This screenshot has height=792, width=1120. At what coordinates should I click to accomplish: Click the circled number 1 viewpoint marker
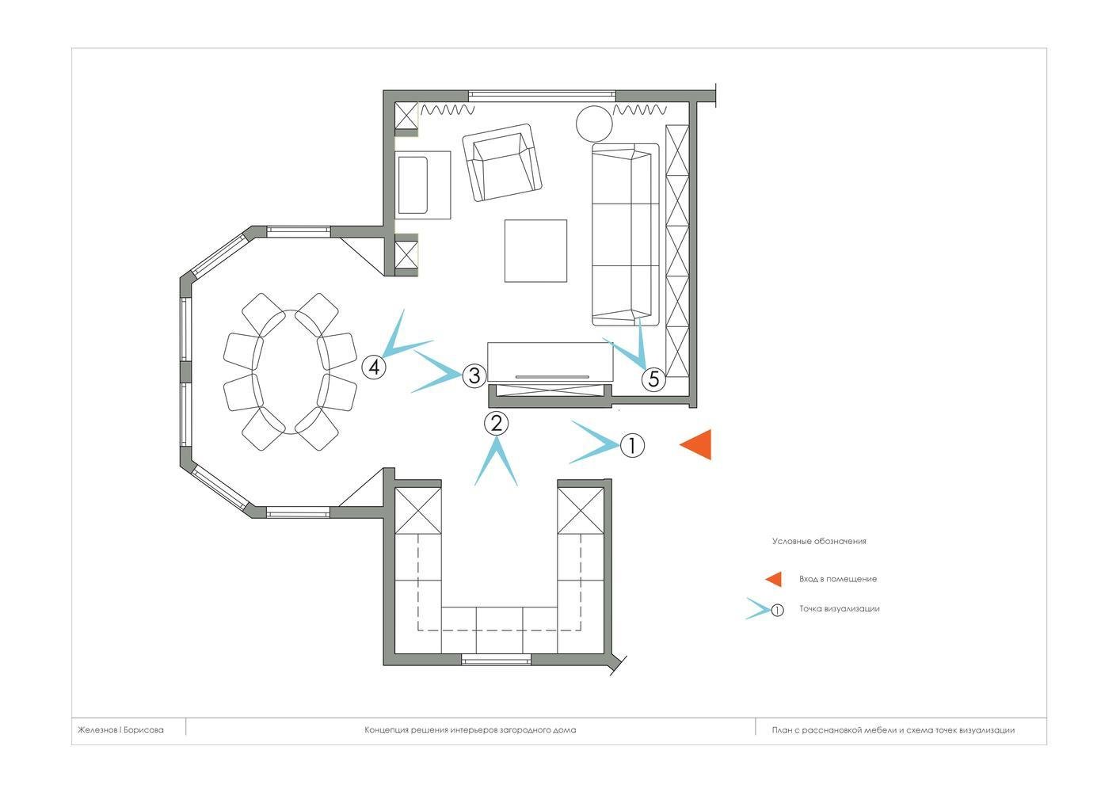click(632, 445)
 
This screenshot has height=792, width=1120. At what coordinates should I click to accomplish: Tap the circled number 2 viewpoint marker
click(496, 424)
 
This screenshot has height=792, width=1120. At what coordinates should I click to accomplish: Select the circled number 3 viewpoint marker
click(474, 375)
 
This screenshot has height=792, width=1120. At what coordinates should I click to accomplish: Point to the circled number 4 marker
click(374, 367)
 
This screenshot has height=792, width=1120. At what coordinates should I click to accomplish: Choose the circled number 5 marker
click(653, 379)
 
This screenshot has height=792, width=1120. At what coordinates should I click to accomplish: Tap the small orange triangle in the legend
click(774, 579)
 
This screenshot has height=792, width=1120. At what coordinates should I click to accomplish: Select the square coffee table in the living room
click(535, 251)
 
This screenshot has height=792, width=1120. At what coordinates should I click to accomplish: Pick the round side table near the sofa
click(594, 124)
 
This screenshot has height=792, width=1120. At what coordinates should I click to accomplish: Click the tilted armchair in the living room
click(502, 162)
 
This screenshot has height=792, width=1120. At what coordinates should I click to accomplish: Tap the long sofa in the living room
click(626, 234)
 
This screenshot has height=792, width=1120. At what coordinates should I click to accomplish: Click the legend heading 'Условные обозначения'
click(819, 541)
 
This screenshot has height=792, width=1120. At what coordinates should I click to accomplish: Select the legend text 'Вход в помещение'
click(838, 579)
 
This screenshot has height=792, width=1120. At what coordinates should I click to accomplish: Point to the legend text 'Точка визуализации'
click(840, 609)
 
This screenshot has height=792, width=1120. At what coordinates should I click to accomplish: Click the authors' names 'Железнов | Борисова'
click(120, 730)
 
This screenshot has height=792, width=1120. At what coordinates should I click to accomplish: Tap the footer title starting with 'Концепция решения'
click(470, 730)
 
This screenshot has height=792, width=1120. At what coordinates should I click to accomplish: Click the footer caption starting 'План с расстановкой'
click(893, 730)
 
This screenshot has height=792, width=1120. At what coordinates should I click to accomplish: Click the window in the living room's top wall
click(542, 96)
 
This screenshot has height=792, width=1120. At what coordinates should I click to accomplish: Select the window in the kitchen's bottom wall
click(496, 660)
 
